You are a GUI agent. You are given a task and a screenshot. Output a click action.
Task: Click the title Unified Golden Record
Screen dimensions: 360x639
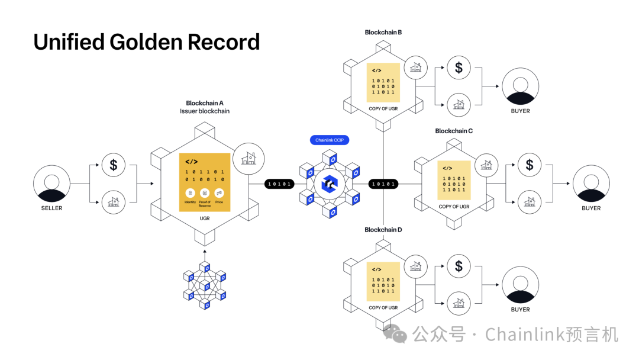[147, 43]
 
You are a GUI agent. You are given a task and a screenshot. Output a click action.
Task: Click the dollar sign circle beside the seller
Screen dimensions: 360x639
[114, 165]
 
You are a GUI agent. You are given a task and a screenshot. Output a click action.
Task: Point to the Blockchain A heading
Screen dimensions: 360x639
[205, 103]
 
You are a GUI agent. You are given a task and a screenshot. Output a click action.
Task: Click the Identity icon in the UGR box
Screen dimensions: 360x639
[190, 193]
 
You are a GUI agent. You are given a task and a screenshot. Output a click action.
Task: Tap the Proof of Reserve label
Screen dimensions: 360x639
[205, 204]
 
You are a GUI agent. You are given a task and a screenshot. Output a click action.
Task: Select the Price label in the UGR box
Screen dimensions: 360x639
[219, 202]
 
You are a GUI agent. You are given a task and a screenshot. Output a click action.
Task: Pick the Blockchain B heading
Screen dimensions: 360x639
[383, 33]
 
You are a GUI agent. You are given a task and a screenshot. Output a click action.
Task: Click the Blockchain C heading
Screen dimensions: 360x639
[454, 131]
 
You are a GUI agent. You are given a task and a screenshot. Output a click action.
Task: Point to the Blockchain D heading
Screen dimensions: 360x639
[383, 230]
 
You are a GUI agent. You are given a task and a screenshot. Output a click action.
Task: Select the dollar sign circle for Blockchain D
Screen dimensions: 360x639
[459, 266]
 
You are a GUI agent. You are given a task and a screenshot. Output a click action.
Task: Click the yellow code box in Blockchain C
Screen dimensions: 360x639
[454, 180]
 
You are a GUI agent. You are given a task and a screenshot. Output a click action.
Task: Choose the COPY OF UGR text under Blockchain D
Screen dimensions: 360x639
[383, 308]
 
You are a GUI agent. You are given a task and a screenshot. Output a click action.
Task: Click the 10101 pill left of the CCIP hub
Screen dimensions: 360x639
[280, 184]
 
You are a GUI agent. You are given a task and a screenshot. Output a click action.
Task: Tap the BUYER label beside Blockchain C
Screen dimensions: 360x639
[591, 208]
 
